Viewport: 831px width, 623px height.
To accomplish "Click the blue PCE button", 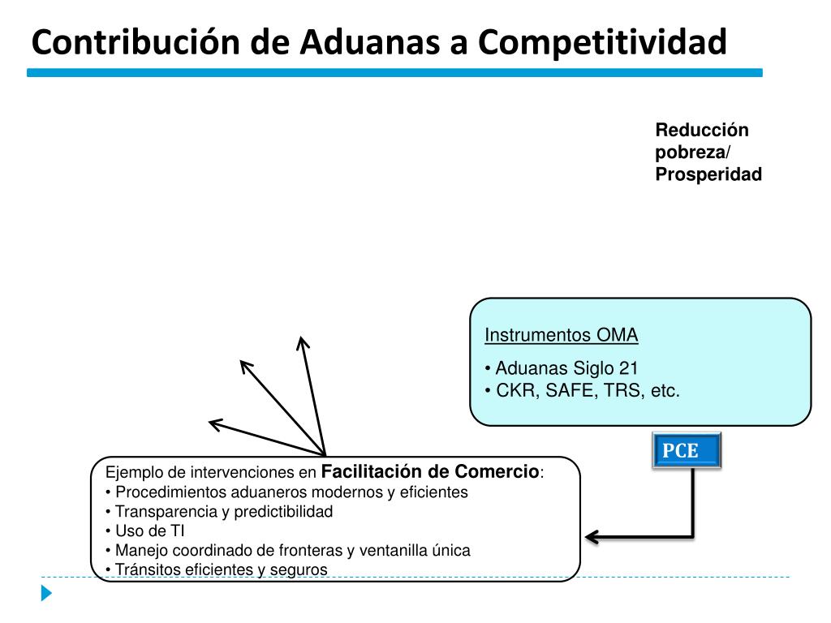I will (x=686, y=451).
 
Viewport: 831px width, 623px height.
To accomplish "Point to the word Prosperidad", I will (x=708, y=174).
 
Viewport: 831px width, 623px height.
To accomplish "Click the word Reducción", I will (x=702, y=130).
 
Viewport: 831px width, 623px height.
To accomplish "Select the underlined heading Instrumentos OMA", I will (x=561, y=335).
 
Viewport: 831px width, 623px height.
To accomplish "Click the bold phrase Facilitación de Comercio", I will (x=430, y=471).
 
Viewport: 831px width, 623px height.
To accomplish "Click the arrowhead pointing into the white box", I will (x=590, y=536).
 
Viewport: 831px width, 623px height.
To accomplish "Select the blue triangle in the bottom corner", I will (x=46, y=593).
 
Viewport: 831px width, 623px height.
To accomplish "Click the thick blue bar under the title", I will (x=394, y=72).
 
